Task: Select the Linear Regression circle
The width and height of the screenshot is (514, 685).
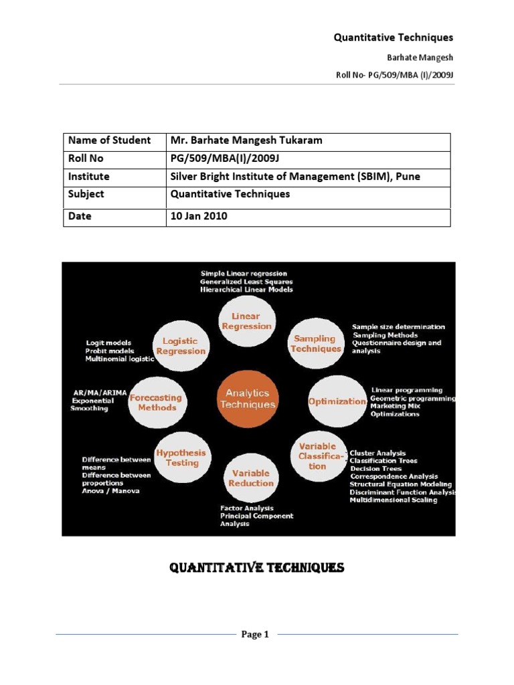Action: click(x=246, y=321)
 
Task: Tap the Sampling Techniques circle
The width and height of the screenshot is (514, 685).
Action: click(x=316, y=343)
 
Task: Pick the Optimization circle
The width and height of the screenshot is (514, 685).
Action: click(x=337, y=401)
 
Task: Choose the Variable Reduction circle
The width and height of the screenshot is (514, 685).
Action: click(x=251, y=478)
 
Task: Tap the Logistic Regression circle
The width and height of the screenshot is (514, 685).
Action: click(x=180, y=346)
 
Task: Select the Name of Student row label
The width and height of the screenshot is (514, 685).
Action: click(x=109, y=140)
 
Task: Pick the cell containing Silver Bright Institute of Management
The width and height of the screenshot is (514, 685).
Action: click(x=294, y=177)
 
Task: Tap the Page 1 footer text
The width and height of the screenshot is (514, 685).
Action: click(x=255, y=635)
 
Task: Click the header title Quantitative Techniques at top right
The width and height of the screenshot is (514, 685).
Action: click(x=394, y=38)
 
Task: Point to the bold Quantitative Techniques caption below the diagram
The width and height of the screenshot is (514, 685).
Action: click(x=256, y=568)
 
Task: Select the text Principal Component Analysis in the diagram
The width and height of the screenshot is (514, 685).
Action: click(x=256, y=520)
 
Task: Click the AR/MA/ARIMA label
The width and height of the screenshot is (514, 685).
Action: click(x=99, y=392)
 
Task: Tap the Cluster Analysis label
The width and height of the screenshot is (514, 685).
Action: click(x=377, y=453)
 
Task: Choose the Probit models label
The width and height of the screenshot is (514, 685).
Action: click(x=110, y=351)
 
